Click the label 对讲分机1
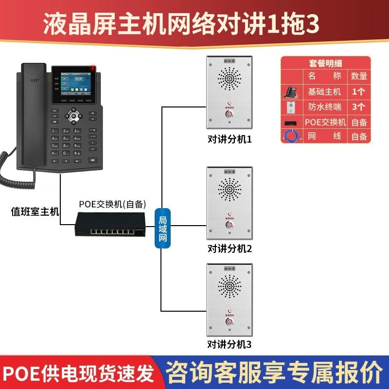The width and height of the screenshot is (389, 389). click(x=230, y=140)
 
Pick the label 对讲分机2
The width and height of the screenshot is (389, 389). click(x=230, y=249)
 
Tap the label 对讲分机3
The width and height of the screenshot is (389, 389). click(x=230, y=345)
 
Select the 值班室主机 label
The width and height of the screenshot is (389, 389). click(x=35, y=211)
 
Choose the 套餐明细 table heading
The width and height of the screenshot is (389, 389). click(x=326, y=63)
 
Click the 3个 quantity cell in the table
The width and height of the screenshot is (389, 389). click(x=359, y=106)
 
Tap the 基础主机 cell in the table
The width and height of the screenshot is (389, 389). click(x=325, y=91)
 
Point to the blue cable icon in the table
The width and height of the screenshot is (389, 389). click(x=292, y=136)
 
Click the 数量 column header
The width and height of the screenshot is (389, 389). click(x=359, y=76)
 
